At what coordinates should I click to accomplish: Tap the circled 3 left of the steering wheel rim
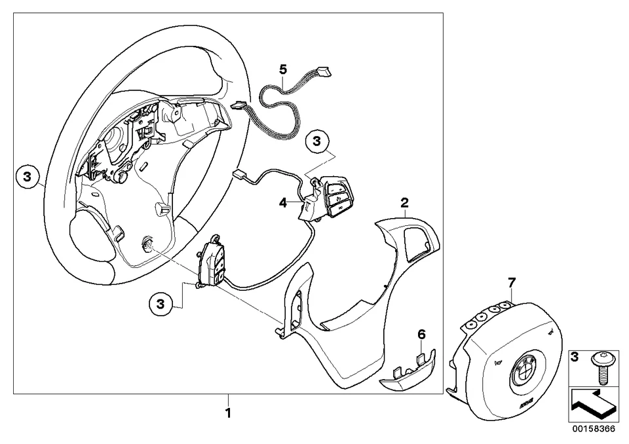pos(27,176)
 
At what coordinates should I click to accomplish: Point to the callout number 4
pos(282,203)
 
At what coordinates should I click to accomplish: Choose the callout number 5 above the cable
pos(283,69)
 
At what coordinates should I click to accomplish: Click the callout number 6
pos(421,335)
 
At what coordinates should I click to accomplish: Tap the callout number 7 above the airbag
pos(512,282)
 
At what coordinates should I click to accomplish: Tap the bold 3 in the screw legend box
pos(576,357)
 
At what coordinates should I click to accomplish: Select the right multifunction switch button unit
pos(331,193)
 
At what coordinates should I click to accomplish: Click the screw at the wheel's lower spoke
pos(148,246)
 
